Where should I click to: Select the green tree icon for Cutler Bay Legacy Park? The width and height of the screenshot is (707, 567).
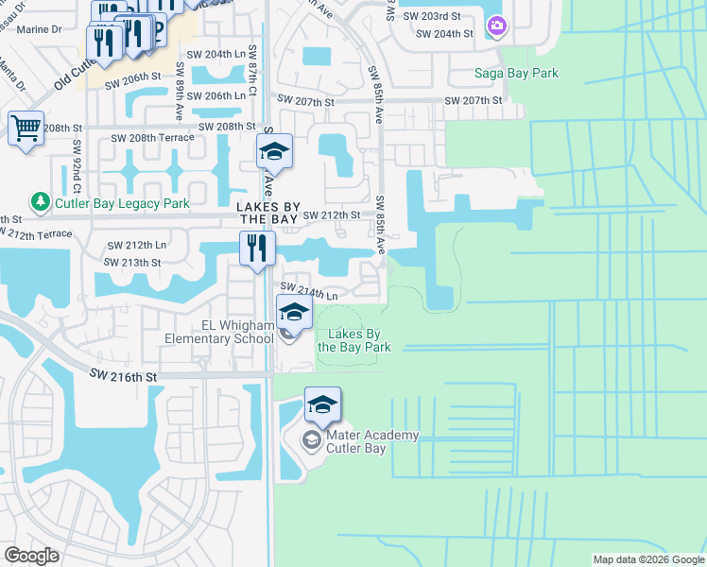40,201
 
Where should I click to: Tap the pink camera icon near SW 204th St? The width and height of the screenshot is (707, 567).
497,27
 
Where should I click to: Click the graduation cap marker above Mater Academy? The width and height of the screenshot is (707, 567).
322,405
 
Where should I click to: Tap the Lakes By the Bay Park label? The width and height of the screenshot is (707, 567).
353,340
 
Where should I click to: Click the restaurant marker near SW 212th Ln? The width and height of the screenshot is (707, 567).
257,249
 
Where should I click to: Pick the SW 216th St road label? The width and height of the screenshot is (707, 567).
122,376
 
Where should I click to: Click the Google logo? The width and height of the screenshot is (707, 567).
31,556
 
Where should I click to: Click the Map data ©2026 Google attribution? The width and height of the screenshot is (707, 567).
647,559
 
